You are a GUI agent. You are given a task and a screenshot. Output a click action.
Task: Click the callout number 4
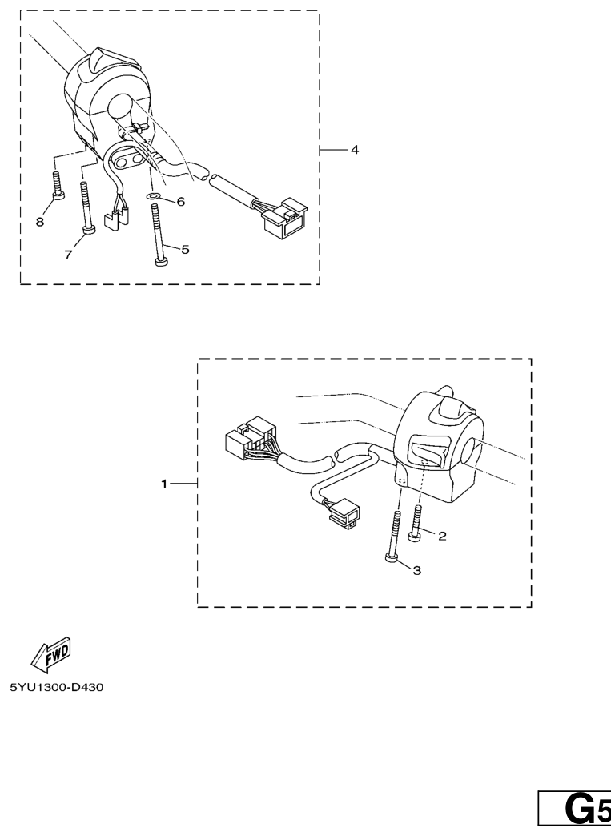(355, 150)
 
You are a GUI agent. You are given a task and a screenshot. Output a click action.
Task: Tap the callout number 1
(164, 484)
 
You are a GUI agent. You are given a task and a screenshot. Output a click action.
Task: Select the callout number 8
(40, 222)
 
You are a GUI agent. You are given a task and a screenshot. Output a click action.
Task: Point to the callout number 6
(180, 202)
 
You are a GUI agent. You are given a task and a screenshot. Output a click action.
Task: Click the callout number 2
(442, 536)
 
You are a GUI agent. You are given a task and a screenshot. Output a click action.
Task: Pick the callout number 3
(417, 570)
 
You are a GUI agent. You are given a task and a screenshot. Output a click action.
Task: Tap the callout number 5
(185, 249)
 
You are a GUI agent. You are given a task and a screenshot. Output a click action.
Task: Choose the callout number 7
(68, 255)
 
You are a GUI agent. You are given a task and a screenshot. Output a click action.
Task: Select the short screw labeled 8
(58, 185)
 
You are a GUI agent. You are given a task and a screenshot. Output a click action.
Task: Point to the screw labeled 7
(86, 207)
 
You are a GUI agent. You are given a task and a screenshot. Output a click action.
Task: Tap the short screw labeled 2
(416, 523)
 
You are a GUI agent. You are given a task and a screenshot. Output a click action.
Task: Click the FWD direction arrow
(51, 654)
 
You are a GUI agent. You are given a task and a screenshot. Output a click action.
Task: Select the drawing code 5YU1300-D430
(57, 687)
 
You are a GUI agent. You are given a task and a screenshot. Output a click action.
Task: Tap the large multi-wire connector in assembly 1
(251, 438)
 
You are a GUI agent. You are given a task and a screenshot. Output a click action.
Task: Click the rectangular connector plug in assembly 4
(285, 215)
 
